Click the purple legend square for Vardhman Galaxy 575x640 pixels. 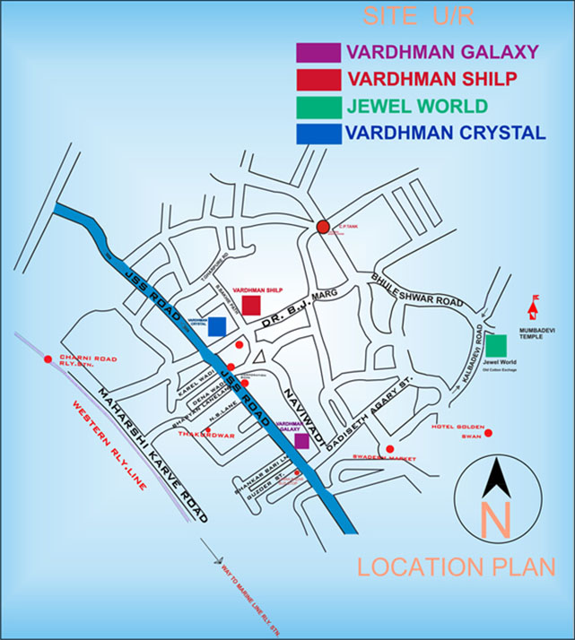(318, 52)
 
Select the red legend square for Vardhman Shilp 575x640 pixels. (318, 79)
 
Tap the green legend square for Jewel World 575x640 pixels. (318, 107)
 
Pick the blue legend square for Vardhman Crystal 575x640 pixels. (318, 134)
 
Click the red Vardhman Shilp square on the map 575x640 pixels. (251, 305)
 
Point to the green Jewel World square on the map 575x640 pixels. (497, 345)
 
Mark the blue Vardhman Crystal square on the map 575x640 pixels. (216, 326)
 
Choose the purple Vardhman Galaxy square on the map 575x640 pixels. (301, 440)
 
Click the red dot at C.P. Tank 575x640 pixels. (323, 227)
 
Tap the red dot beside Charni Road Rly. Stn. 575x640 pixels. (48, 359)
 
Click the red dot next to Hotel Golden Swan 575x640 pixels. (490, 434)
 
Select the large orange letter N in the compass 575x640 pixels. (496, 521)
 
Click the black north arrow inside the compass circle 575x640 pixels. (495, 476)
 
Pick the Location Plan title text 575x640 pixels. (456, 567)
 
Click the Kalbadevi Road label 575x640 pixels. (475, 355)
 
